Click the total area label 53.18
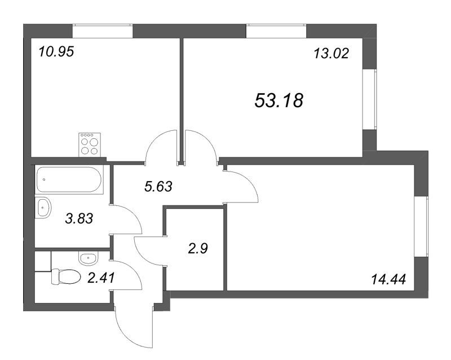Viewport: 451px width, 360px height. pos(278,100)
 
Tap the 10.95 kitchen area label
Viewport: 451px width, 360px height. pos(56,52)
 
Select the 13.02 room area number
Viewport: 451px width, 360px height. pos(331,53)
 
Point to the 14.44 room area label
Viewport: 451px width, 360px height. pos(388,279)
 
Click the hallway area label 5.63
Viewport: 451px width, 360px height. pos(158,187)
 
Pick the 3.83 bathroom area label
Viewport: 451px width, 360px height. pos(79,218)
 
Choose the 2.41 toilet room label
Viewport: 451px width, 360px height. pos(101,278)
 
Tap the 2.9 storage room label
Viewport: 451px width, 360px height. pos(198,248)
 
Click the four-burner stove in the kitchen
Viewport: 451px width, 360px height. pos(90,144)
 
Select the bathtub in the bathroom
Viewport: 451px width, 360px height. pos(69,179)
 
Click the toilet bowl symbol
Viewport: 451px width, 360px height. pos(66,276)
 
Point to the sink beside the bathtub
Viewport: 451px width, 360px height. pos(43,207)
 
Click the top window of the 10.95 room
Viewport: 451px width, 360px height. pos(103,31)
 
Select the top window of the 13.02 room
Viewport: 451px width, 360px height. pos(276,31)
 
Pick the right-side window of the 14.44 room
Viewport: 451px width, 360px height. pos(421,227)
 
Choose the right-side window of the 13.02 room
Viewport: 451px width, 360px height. pos(370,99)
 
